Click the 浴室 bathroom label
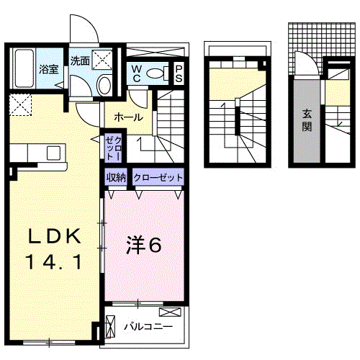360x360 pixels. (x=48, y=70)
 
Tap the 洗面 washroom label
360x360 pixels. (x=80, y=60)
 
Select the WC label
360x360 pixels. (x=137, y=73)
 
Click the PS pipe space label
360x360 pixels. (x=179, y=73)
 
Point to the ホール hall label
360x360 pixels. (x=127, y=117)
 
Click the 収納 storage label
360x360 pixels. (x=117, y=177)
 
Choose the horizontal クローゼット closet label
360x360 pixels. (x=156, y=177)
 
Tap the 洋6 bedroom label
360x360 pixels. (x=144, y=246)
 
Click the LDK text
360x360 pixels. (x=52, y=237)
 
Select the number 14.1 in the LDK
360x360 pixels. (x=52, y=261)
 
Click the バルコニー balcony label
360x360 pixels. (x=147, y=327)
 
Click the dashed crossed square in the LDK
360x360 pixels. (x=22, y=104)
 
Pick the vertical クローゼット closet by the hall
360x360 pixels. (x=114, y=147)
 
